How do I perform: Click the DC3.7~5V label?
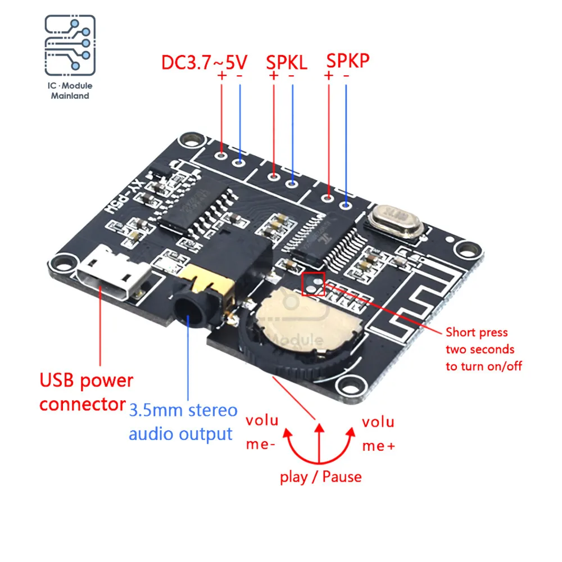(x=205, y=61)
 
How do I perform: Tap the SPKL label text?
(x=286, y=62)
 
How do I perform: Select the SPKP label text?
(x=348, y=60)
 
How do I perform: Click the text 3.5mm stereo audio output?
(x=183, y=422)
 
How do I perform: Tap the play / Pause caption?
(x=321, y=477)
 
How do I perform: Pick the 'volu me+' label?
(x=378, y=433)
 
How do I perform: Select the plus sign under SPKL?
(x=274, y=75)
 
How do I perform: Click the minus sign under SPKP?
(x=346, y=75)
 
